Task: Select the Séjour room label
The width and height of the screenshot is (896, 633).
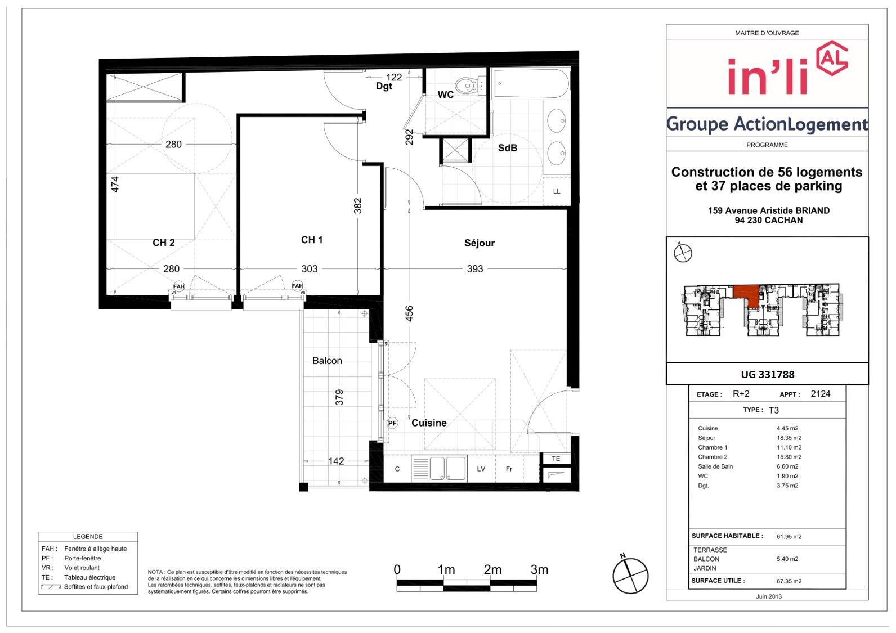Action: tap(479, 243)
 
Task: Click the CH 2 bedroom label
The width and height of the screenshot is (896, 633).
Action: tap(164, 243)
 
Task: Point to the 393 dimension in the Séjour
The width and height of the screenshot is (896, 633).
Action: tap(475, 269)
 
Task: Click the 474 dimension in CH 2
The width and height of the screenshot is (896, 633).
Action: tap(115, 185)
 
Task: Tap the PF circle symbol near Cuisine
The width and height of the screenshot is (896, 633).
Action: tap(392, 423)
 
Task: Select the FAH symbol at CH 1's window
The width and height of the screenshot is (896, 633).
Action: tap(297, 285)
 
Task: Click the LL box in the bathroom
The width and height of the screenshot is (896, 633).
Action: tap(557, 191)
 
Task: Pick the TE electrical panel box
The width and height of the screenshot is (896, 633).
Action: tap(555, 459)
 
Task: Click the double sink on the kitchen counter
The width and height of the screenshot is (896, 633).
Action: tap(447, 468)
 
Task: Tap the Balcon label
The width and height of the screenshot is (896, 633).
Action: tap(327, 361)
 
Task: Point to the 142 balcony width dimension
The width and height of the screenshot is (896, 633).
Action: tap(336, 461)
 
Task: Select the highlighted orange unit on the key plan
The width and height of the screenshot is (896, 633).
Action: tap(747, 295)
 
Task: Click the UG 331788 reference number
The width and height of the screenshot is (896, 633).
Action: tap(767, 374)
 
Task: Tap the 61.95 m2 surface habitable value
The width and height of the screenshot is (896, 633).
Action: tap(789, 537)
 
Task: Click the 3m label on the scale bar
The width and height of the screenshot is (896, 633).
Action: tap(539, 569)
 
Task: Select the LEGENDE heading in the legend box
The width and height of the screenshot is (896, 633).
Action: tap(88, 537)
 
